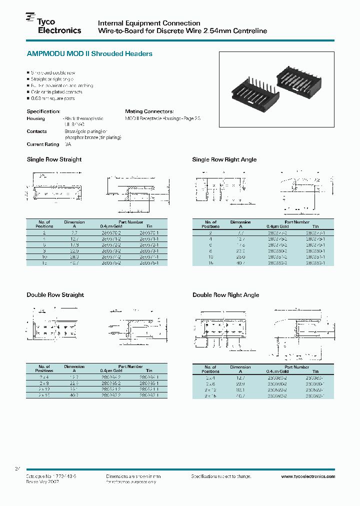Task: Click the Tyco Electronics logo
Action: point(53,25)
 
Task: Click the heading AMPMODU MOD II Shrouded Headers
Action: point(89,53)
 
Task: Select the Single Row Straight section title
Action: point(54,159)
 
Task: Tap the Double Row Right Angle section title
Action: point(225,295)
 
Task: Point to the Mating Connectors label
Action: point(149,111)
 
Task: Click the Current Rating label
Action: point(43,144)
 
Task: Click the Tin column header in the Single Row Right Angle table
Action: point(315,226)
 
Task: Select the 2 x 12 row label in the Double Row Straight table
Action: point(44,388)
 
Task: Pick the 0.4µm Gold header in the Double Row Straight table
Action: point(112,371)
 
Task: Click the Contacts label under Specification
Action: point(36,131)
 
